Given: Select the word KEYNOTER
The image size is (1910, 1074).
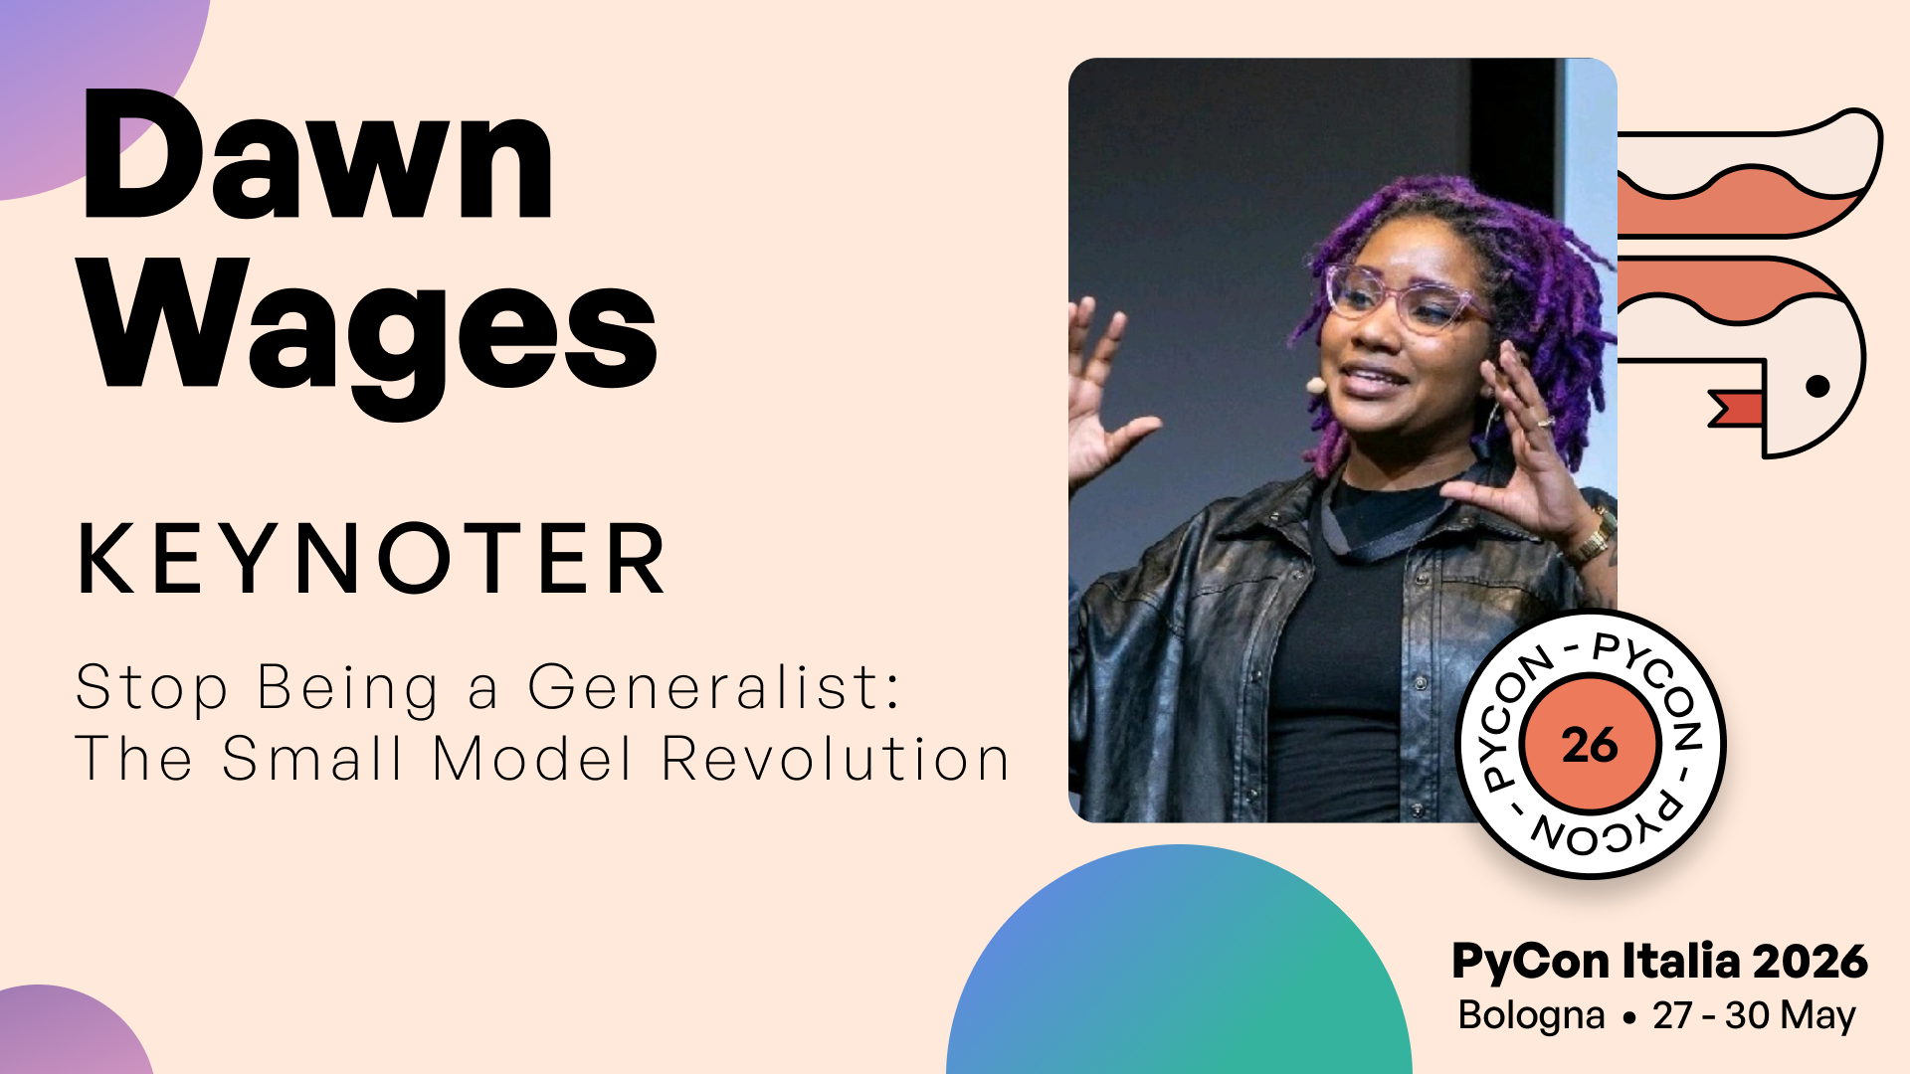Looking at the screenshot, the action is point(372,559).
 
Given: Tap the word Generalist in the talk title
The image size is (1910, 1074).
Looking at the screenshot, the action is point(713,689).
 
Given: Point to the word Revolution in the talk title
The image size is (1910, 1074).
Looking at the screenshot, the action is point(836,759).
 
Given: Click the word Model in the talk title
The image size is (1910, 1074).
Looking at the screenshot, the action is point(533,759).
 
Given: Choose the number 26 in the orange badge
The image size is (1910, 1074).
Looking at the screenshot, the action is point(1590,745).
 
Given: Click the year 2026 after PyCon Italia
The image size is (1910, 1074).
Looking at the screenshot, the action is point(1811,962).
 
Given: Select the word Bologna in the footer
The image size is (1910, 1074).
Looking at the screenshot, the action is point(1531,1016).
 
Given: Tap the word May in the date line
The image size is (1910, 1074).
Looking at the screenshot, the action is point(1818,1016).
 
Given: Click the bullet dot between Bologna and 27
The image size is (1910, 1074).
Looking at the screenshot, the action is point(1628,1018).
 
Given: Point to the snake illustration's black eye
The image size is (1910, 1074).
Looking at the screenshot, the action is point(1817,386).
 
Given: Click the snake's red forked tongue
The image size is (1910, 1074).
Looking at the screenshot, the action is point(1734,409).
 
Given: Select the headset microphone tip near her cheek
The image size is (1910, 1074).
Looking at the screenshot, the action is point(1315,384).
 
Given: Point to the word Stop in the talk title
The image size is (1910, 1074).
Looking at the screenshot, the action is point(152,689).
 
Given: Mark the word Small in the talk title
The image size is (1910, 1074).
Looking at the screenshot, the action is point(312,759).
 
